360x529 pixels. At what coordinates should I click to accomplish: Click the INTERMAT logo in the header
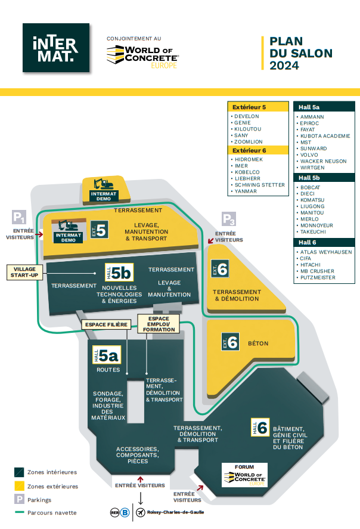[x=55, y=48]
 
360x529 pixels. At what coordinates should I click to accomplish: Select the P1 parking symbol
[x=19, y=217]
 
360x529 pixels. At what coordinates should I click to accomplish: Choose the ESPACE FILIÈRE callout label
[x=107, y=324]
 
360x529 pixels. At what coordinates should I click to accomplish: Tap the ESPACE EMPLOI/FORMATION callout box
[x=159, y=324]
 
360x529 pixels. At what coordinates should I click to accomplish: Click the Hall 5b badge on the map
[x=118, y=273]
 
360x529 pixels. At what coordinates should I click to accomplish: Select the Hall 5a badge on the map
[x=107, y=356]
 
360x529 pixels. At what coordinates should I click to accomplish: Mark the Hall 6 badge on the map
[x=260, y=427]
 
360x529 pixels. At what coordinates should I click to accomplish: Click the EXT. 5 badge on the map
[x=99, y=230]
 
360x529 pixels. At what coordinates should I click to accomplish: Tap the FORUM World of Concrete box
[x=244, y=475]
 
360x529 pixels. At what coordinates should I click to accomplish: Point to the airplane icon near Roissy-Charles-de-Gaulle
[x=140, y=512]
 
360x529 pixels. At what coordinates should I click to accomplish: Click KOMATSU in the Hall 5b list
[x=312, y=200]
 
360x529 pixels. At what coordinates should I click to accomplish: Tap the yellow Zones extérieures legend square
[x=19, y=486]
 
